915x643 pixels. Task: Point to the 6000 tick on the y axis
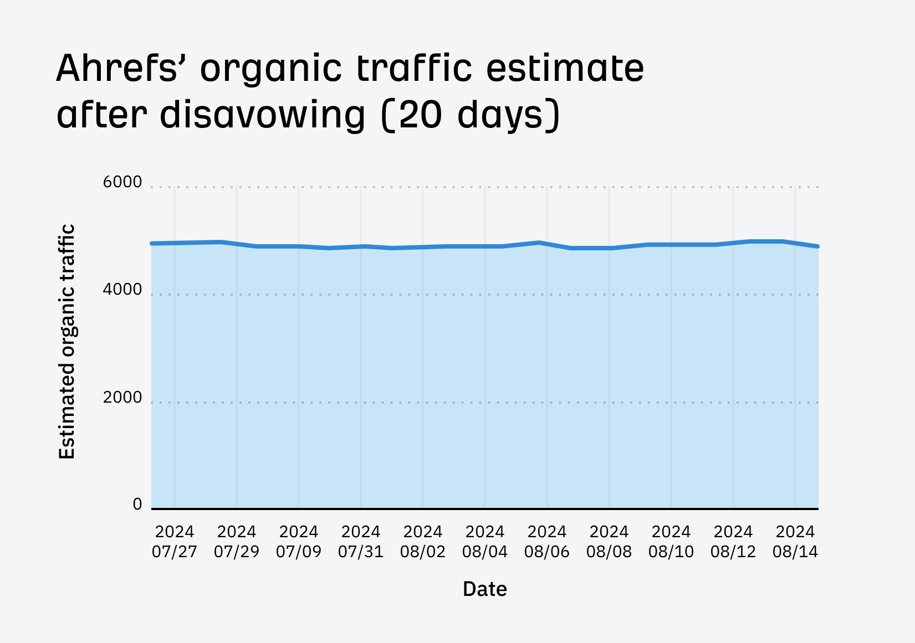point(122,182)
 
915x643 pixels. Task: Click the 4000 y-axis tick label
point(122,290)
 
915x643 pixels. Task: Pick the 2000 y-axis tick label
point(122,398)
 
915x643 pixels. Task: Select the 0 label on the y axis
point(137,505)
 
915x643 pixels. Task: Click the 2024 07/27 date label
point(175,542)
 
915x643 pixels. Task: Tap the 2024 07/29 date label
point(237,542)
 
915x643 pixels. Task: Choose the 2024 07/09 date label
point(299,542)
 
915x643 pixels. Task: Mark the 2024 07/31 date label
point(361,542)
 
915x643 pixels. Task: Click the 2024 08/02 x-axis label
point(423,542)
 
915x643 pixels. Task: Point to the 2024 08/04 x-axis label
point(485,542)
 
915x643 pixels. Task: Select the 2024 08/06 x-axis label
point(547,542)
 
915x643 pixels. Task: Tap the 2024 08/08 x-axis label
point(609,542)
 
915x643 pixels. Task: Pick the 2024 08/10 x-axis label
point(671,542)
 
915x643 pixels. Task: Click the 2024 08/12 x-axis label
point(733,542)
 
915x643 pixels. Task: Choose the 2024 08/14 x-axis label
point(795,542)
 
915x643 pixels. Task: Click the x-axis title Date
point(485,589)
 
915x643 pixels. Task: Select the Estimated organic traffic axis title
point(67,342)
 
